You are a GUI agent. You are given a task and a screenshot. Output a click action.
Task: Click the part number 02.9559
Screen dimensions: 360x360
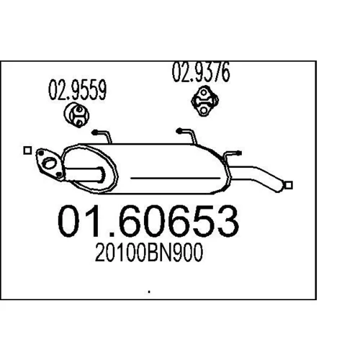point(78,90)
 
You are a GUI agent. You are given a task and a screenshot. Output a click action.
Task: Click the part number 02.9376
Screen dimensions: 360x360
point(201,72)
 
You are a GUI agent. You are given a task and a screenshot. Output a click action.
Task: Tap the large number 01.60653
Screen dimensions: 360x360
point(148,221)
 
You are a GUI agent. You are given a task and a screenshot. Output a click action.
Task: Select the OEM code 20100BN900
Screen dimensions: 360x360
point(149,252)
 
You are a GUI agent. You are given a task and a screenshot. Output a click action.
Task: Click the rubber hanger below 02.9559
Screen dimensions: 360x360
point(76,115)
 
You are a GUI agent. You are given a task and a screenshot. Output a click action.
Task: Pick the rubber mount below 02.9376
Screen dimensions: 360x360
point(204,101)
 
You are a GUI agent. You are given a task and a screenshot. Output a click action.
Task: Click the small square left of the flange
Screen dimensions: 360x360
point(27,150)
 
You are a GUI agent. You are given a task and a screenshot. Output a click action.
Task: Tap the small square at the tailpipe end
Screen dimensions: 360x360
point(289,185)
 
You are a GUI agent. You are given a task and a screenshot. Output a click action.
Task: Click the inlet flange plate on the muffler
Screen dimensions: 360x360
point(49,164)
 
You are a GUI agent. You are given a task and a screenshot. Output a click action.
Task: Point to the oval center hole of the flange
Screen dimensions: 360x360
point(49,163)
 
